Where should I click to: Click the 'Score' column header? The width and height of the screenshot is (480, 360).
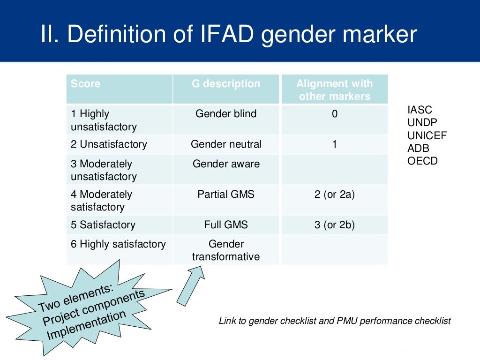86,84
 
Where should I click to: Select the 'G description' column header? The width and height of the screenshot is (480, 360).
226,84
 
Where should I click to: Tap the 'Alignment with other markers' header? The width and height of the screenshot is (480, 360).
334,90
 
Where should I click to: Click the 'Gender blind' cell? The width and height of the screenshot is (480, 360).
226,114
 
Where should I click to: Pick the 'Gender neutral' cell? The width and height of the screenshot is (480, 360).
226,144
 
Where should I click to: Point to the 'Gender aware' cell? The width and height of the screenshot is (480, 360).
226,164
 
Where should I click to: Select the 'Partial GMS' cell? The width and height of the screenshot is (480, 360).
226,194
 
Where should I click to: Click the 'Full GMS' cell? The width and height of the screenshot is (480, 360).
226,225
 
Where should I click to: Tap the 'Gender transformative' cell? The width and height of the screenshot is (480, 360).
226,250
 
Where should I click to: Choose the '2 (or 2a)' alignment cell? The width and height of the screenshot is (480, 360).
334,194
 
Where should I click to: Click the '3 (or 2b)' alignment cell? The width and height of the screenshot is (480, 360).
334,225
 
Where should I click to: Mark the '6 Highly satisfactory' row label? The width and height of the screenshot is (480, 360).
118,244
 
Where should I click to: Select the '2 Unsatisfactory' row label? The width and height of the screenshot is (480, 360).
109,144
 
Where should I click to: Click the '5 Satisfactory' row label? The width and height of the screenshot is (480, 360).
104,225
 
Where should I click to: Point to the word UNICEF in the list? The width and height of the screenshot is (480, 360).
427,135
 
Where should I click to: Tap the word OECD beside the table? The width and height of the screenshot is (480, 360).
422,161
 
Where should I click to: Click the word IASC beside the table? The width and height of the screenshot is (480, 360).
420,110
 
